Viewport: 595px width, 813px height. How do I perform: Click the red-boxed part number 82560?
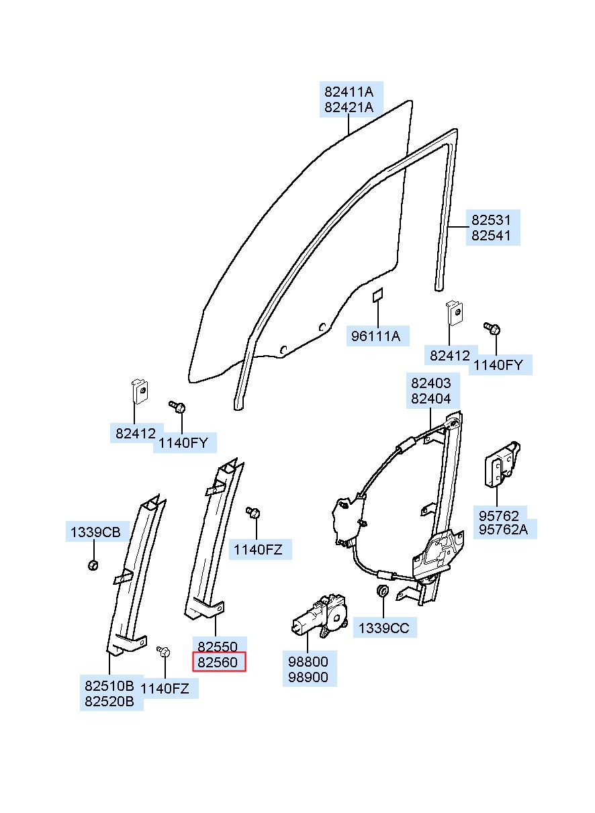tap(218, 663)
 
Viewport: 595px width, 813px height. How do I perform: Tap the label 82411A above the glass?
tap(349, 92)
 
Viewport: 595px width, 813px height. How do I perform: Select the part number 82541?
tap(491, 236)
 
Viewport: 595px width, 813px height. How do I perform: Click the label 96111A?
tap(375, 336)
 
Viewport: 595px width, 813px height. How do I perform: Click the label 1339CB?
tap(95, 532)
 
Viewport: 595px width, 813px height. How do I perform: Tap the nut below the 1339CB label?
tap(93, 565)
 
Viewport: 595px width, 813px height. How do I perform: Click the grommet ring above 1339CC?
tap(383, 591)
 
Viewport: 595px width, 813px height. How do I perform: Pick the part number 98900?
tap(308, 677)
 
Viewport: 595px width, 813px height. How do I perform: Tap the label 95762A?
tap(503, 530)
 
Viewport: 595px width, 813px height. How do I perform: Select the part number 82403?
tap(431, 383)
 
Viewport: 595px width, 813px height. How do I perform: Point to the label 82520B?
tap(109, 702)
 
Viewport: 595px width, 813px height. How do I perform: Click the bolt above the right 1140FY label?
tap(493, 328)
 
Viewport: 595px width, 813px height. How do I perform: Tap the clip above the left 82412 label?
tap(140, 391)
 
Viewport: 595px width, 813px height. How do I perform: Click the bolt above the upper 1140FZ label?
tap(253, 512)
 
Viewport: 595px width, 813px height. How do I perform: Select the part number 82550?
tap(218, 647)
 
